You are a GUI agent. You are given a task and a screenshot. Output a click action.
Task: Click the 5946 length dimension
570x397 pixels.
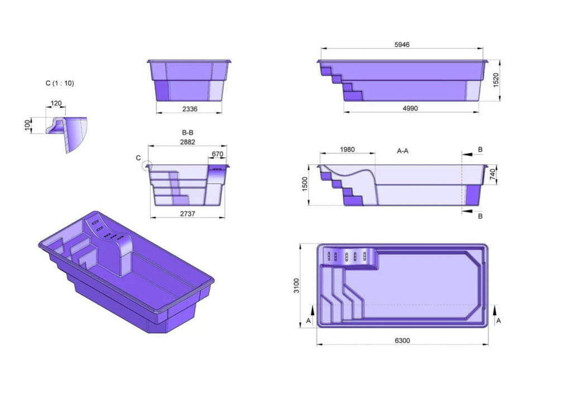tap(402, 45)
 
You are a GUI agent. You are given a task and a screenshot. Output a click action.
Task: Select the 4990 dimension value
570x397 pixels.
tap(410, 108)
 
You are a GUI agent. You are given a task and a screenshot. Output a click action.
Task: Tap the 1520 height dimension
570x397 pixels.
tap(496, 80)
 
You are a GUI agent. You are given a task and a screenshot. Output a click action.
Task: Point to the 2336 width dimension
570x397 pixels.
tap(190, 109)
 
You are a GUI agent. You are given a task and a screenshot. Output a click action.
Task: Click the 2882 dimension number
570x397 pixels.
tap(188, 142)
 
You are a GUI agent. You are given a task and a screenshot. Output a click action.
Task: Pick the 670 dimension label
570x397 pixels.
tap(217, 154)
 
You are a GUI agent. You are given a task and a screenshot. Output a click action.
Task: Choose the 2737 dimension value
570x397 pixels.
tap(188, 214)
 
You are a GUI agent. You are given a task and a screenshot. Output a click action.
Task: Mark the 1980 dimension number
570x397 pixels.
tap(347, 149)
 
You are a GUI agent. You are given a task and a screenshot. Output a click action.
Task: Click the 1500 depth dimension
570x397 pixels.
tap(305, 184)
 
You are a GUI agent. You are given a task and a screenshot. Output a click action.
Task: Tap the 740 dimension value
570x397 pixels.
tap(492, 175)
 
